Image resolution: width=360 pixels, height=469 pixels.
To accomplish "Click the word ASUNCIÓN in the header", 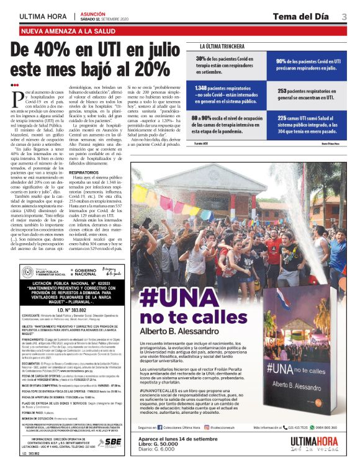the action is [x=92, y=13].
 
